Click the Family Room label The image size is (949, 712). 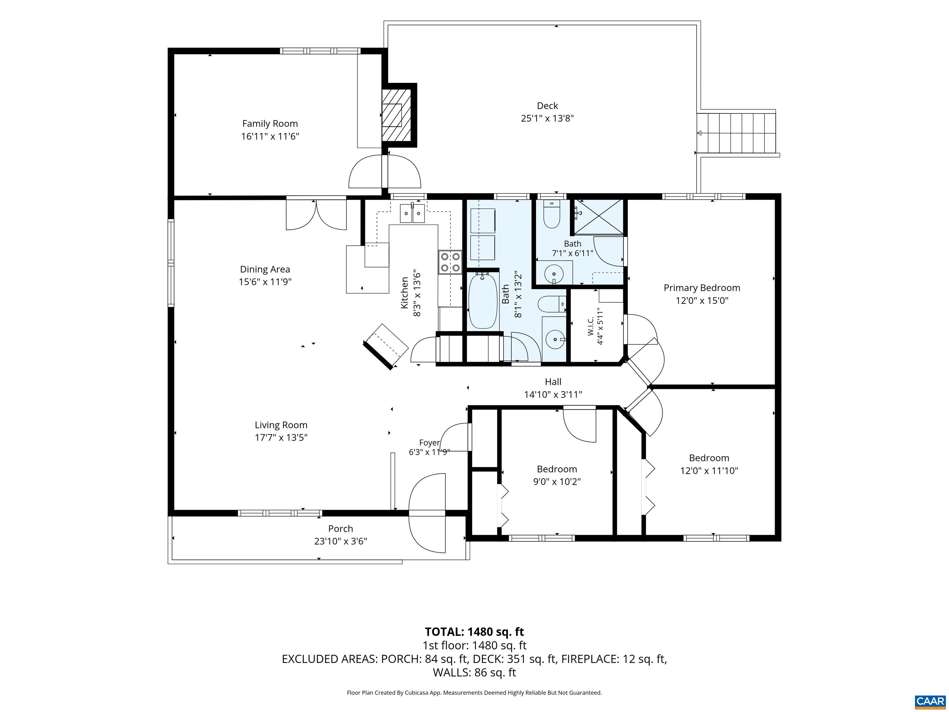[270, 124]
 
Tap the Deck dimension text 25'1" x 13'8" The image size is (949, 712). [547, 118]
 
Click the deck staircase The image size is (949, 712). [737, 133]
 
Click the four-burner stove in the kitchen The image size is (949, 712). [450, 262]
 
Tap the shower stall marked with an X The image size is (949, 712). [598, 217]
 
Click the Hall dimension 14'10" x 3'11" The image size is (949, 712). [553, 394]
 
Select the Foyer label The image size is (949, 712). [429, 443]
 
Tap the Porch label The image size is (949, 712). [341, 529]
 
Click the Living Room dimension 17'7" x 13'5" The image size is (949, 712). [281, 437]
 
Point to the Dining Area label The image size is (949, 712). [265, 269]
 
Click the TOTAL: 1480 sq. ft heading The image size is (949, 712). [474, 631]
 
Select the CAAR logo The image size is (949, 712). [930, 701]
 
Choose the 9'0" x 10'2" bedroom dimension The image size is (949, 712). [557, 481]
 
